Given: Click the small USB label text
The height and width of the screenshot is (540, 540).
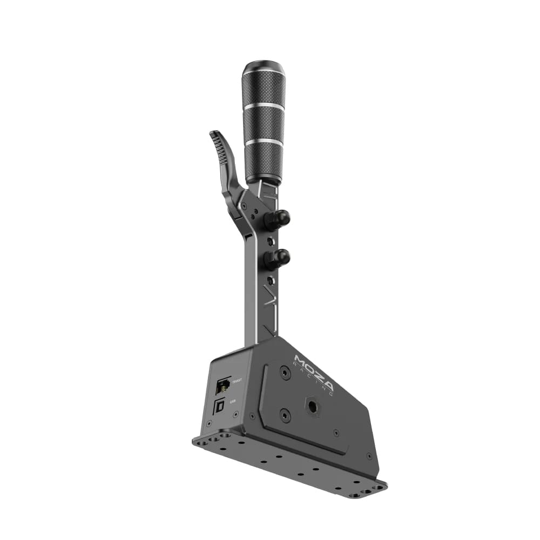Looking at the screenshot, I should click(x=233, y=401).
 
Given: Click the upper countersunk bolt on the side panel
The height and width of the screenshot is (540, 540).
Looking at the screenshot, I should click(x=285, y=372).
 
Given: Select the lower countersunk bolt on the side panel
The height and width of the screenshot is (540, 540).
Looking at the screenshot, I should click(x=285, y=415).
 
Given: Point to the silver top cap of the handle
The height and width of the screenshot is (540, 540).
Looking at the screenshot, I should click(x=263, y=67).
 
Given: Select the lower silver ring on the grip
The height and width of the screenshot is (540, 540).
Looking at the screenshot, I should click(x=264, y=141).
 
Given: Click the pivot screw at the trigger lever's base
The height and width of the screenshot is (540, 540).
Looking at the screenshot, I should click(x=245, y=206).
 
